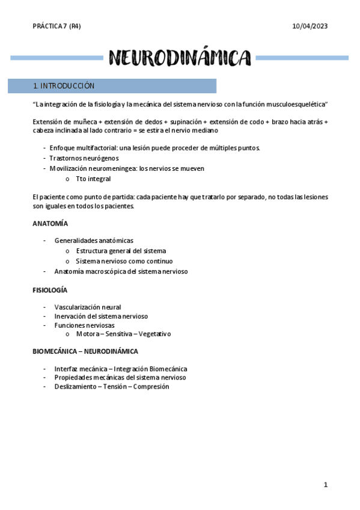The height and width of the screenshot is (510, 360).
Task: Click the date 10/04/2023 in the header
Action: (310, 26)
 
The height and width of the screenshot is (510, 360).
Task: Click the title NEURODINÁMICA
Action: (180, 58)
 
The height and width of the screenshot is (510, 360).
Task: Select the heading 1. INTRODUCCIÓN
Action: (64, 86)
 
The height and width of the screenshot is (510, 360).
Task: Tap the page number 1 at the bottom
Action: (325, 484)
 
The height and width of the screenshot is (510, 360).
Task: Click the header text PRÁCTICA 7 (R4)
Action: (56, 26)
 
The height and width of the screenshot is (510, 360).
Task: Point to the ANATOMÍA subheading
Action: (50, 223)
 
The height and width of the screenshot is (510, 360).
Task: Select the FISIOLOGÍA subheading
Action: (50, 290)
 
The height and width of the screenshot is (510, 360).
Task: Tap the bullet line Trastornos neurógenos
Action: (84, 158)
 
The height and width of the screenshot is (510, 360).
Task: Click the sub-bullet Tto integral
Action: (93, 179)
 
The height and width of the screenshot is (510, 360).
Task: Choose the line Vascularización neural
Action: (88, 307)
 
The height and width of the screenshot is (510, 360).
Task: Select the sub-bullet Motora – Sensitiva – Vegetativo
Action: (124, 334)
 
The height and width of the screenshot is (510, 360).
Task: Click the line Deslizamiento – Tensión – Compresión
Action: (112, 387)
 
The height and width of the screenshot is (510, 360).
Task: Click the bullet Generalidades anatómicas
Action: (94, 241)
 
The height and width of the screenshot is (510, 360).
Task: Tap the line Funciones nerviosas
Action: (84, 325)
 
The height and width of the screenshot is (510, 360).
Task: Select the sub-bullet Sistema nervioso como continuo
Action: (124, 261)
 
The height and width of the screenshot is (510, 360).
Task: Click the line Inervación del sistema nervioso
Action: (101, 316)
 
